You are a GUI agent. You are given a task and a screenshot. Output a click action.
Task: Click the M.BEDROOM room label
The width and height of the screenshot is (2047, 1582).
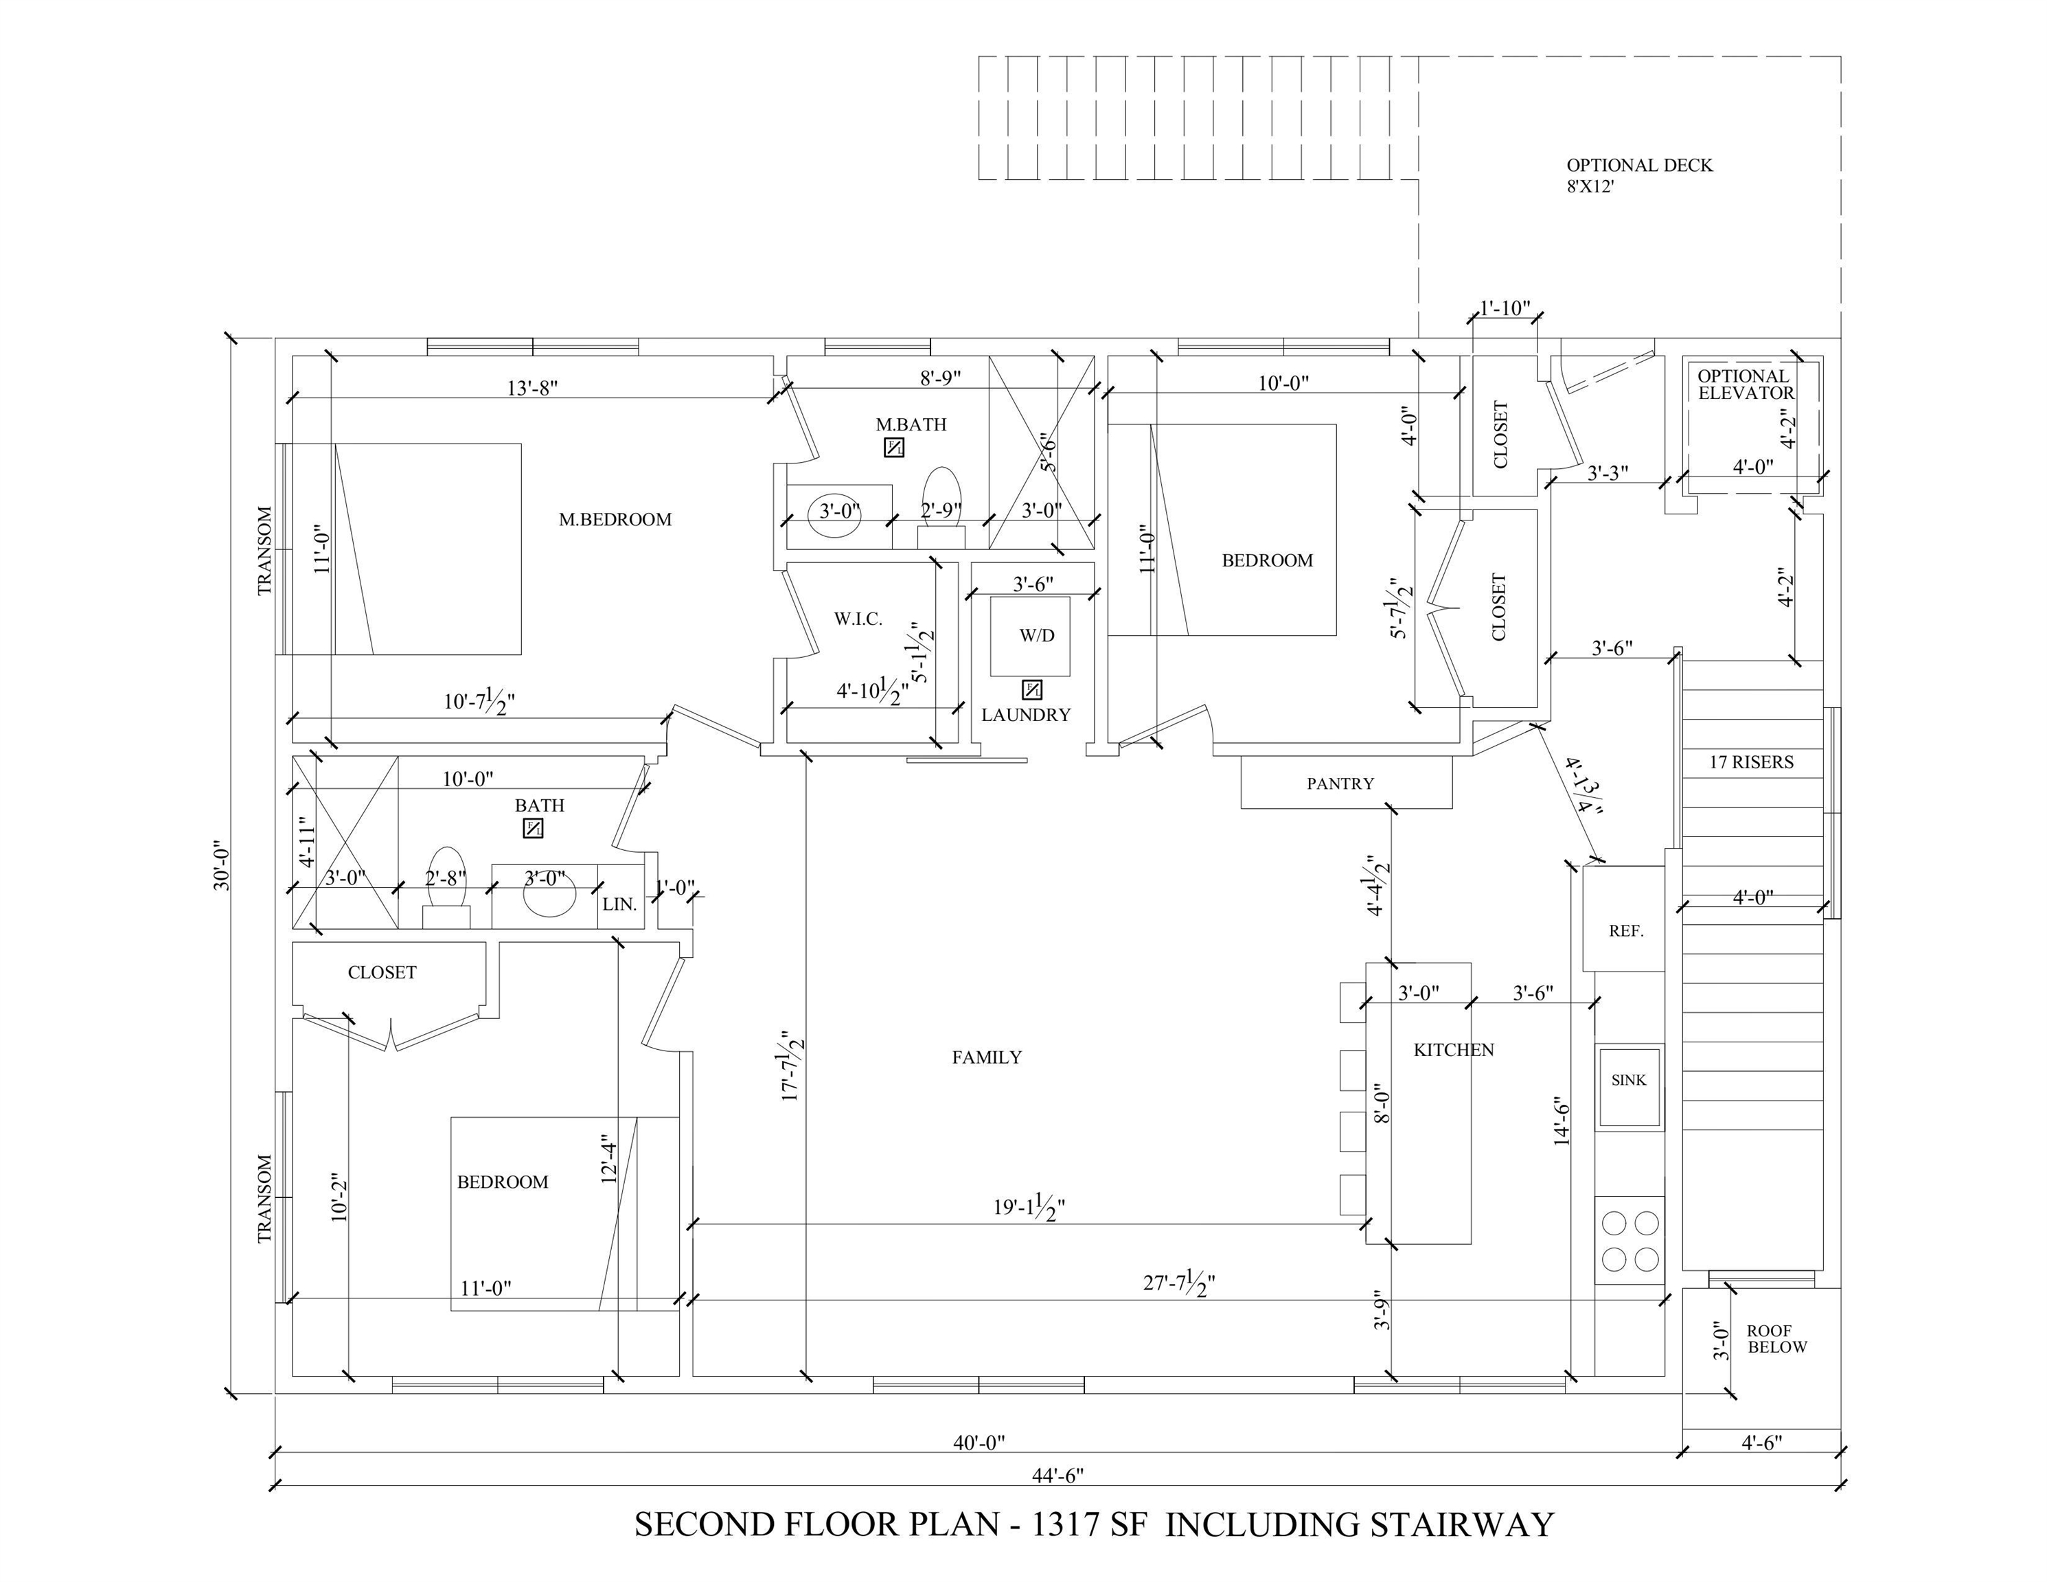pyautogui.click(x=615, y=519)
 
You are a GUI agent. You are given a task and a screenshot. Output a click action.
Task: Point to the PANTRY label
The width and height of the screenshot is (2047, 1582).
pyautogui.click(x=1340, y=783)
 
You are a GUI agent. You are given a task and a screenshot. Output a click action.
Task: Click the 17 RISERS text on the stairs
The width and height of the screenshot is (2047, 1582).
pyautogui.click(x=1751, y=762)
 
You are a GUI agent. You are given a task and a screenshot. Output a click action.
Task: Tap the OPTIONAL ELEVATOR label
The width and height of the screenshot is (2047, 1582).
pyautogui.click(x=1745, y=385)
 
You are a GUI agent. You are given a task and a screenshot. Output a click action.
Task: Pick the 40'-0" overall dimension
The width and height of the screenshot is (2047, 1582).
pyautogui.click(x=979, y=1443)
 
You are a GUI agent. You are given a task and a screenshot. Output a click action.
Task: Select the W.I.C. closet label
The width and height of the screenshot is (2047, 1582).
pyautogui.click(x=858, y=619)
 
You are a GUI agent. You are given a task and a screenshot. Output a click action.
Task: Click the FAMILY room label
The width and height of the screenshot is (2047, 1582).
pyautogui.click(x=986, y=1057)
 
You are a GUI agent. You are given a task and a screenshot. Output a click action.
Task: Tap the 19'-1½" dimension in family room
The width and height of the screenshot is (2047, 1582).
pyautogui.click(x=1028, y=1208)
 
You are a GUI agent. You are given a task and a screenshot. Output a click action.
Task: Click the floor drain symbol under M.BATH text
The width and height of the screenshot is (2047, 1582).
pyautogui.click(x=894, y=448)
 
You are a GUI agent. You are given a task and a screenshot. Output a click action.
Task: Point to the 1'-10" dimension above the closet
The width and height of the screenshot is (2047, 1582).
pyautogui.click(x=1505, y=308)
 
